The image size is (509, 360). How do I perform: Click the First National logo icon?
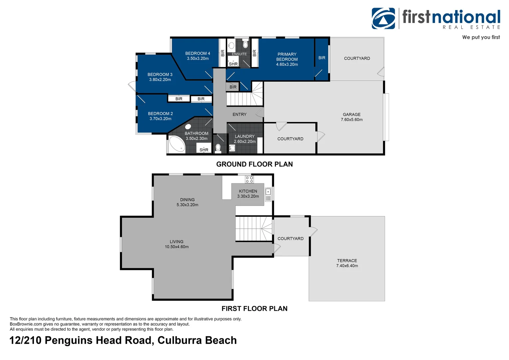point(383,18)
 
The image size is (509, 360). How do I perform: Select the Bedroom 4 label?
point(198,53)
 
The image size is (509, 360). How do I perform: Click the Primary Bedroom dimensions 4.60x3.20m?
point(287,64)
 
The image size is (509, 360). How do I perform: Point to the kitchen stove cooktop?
point(249,180)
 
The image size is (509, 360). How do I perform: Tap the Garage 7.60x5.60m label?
point(351,117)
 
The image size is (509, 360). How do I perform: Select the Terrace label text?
point(347,261)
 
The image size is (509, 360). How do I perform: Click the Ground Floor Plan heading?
point(254,164)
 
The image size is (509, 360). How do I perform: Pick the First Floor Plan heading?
point(254,309)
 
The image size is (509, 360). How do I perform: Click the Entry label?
point(240,114)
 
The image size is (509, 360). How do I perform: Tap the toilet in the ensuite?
point(246,44)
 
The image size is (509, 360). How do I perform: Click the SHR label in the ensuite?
point(233,64)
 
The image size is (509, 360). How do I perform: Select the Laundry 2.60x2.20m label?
point(245,139)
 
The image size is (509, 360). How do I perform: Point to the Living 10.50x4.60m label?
point(177,244)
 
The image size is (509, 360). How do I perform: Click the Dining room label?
point(187,200)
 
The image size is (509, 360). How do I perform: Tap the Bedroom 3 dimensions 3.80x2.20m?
point(160,80)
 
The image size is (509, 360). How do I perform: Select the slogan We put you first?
point(481,37)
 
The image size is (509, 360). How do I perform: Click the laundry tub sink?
point(232,148)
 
